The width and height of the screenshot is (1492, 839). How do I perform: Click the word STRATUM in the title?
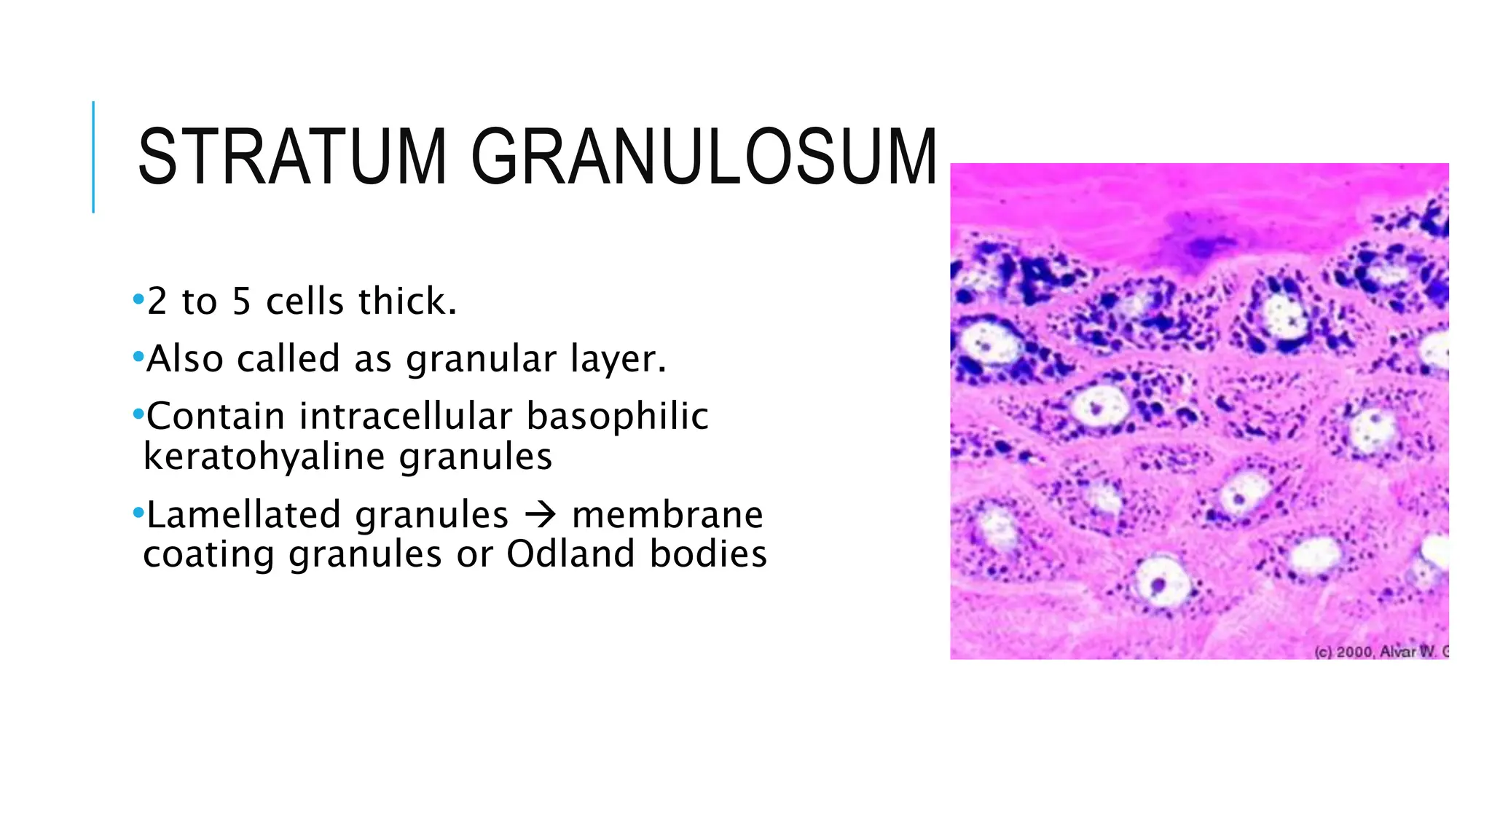[291, 157]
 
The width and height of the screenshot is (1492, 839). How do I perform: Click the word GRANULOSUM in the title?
[704, 157]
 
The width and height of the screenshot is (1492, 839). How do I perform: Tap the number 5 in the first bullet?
[242, 302]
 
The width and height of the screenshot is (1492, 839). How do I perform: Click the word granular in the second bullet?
[482, 359]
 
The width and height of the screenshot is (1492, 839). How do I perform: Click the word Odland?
[572, 554]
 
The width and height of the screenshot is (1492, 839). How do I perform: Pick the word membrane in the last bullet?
[667, 515]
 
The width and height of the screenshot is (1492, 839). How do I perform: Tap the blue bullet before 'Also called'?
[138, 357]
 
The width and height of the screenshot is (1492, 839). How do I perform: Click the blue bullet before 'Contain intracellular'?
[138, 414]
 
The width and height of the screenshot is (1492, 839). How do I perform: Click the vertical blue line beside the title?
[93, 157]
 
